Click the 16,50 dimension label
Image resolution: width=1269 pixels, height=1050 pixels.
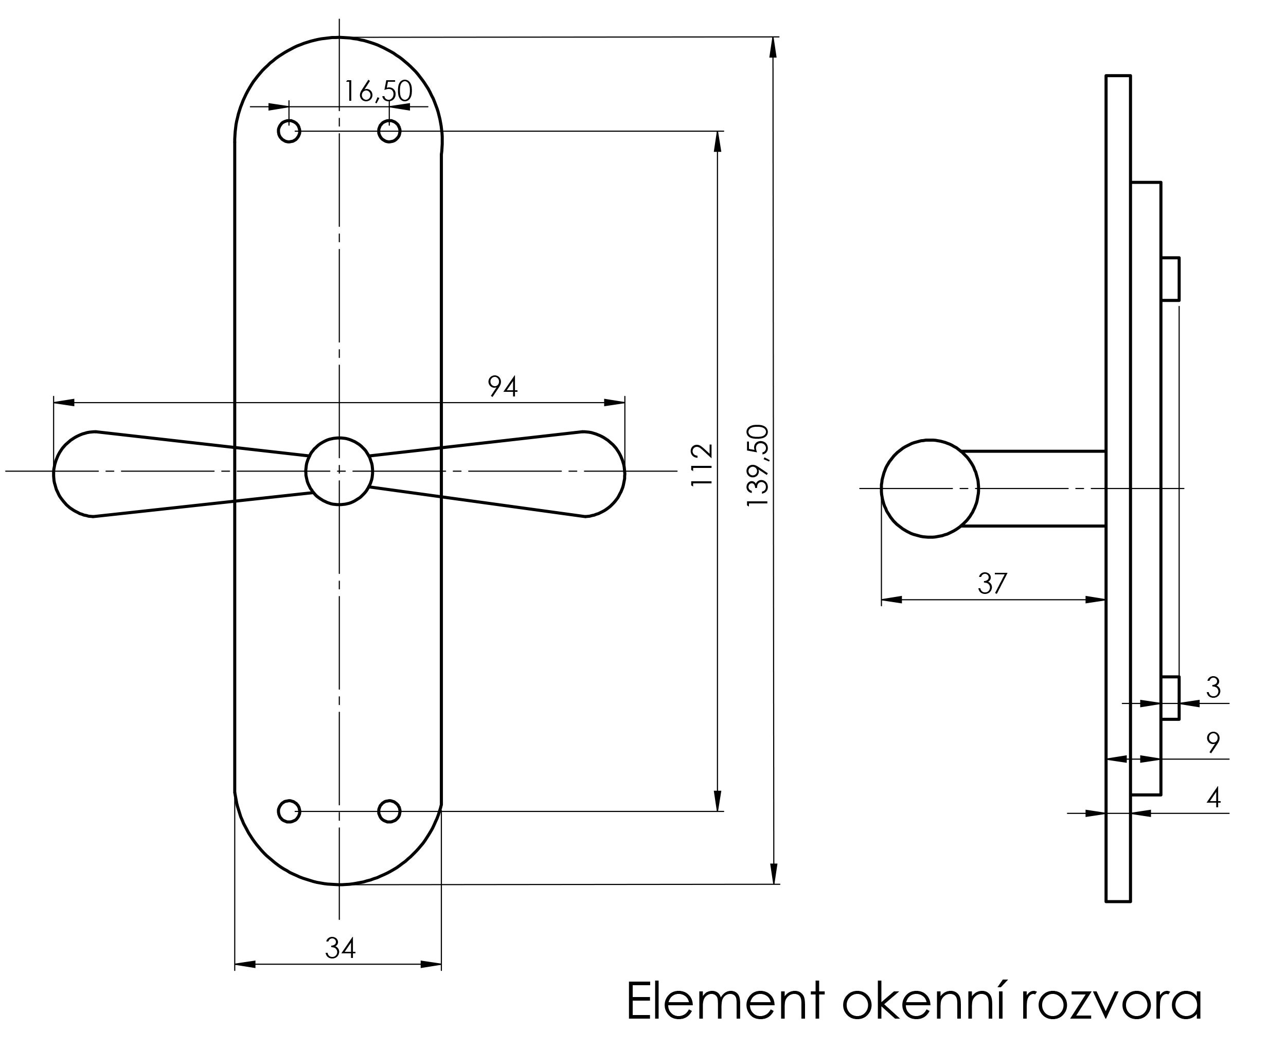(x=378, y=91)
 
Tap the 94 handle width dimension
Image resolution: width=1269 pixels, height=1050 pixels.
(x=502, y=387)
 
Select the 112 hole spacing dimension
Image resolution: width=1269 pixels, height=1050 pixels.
(x=702, y=465)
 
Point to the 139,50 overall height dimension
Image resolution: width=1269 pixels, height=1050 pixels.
(x=758, y=466)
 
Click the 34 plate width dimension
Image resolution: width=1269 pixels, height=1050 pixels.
(x=340, y=948)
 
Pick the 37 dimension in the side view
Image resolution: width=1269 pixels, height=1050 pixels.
(x=992, y=584)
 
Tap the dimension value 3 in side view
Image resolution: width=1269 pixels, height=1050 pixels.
(x=1213, y=687)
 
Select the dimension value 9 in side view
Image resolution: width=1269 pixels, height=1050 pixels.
(x=1213, y=743)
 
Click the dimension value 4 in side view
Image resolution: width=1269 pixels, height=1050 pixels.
(x=1213, y=798)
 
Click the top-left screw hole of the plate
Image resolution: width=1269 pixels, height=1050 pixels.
(x=289, y=131)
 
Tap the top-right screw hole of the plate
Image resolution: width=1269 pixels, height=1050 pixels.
(x=389, y=131)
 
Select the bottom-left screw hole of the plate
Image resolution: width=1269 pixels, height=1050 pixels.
(x=289, y=811)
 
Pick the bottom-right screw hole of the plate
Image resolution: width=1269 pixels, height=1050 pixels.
(x=389, y=811)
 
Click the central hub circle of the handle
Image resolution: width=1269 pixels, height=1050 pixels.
(x=339, y=470)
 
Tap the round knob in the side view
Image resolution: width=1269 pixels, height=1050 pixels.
(x=930, y=488)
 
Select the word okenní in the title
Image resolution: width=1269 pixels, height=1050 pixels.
(x=924, y=1002)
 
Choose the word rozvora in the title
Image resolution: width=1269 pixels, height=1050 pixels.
(x=1111, y=1002)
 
